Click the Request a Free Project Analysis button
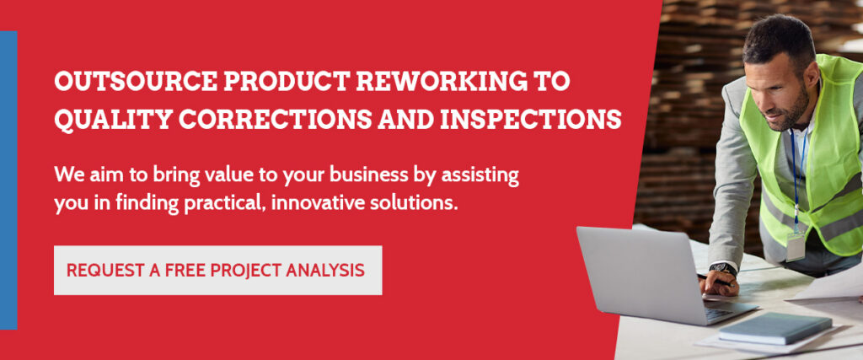click(217, 271)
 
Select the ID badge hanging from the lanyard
click(795, 247)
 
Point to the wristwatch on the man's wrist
click(722, 269)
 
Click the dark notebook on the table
click(775, 327)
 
